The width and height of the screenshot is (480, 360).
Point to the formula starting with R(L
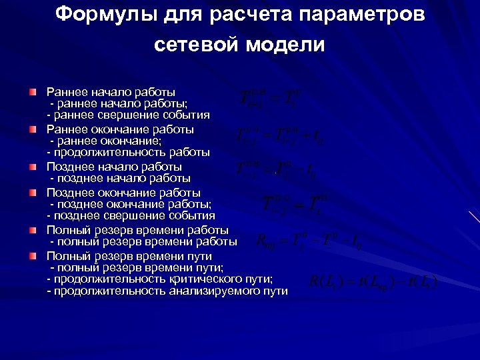373,281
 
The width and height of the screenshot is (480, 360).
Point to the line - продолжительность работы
128,153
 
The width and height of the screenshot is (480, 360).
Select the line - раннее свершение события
128,115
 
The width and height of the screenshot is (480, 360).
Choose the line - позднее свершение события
131,217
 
